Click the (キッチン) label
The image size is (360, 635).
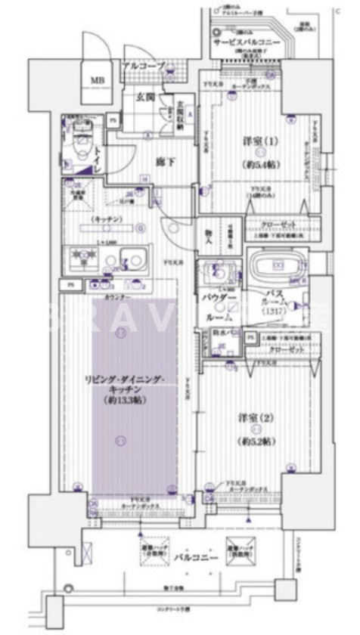click(x=105, y=219)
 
